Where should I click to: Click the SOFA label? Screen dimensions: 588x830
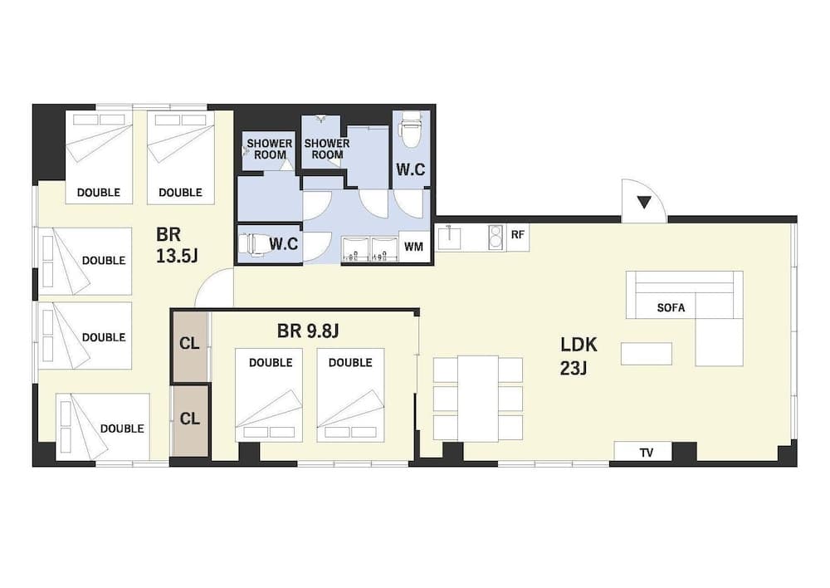tap(671, 307)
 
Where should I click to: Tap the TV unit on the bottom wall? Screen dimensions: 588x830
tap(645, 453)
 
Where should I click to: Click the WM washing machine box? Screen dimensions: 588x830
tap(414, 247)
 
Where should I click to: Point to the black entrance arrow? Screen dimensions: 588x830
tap(643, 201)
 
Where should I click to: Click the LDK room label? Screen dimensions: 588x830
tap(579, 355)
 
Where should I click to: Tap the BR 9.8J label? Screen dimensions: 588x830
tap(308, 331)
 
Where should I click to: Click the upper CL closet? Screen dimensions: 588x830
tap(190, 344)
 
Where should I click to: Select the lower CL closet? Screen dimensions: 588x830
tap(190, 419)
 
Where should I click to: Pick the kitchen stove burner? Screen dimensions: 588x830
tap(496, 237)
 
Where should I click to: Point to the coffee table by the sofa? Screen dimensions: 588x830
tap(647, 354)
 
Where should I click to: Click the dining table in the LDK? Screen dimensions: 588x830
tap(478, 398)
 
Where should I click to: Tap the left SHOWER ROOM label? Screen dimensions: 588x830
tap(269, 149)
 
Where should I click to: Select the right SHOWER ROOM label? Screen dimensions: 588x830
tap(326, 149)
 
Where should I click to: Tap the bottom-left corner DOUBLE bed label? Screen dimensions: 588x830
tap(122, 429)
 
